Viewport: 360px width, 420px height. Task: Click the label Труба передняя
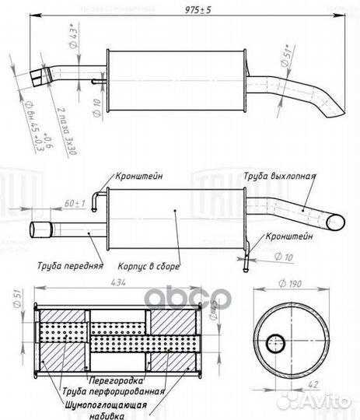(69, 264)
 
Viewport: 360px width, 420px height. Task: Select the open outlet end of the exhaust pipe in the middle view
(335, 222)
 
